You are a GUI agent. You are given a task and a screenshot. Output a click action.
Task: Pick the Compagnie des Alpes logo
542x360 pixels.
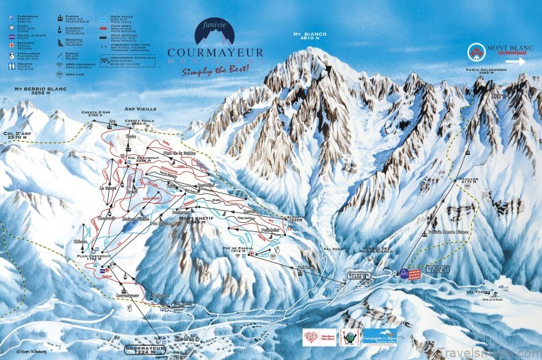click(x=380, y=337)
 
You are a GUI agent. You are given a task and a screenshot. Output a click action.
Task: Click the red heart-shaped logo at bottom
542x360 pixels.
click(x=312, y=338)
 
